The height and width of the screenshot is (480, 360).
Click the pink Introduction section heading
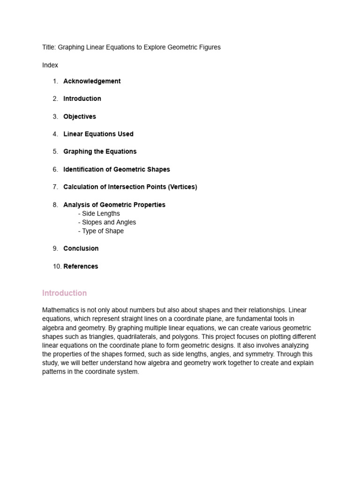pos(64,293)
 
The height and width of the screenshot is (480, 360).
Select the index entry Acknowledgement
pos(92,81)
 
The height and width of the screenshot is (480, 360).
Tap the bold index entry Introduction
pos(82,98)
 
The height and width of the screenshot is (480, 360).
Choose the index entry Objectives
pos(80,116)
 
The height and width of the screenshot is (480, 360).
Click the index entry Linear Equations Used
pos(98,134)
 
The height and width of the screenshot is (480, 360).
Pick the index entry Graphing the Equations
pos(100,151)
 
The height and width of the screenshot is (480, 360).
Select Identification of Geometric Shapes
pos(117,169)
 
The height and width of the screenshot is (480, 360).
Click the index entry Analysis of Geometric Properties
pos(114,205)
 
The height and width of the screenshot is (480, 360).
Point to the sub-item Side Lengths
pos(101,214)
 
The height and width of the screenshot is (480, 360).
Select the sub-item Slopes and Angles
pos(109,222)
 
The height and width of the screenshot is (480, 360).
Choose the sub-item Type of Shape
pos(103,231)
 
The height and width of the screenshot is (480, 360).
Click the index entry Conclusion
pos(81,248)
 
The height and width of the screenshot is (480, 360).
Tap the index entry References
pos(81,266)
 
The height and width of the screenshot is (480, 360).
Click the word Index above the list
pos(50,65)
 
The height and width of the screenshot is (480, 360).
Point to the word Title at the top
pos(48,47)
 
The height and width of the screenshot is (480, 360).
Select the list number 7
pos(55,187)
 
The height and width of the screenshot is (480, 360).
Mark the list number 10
pos(57,266)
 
